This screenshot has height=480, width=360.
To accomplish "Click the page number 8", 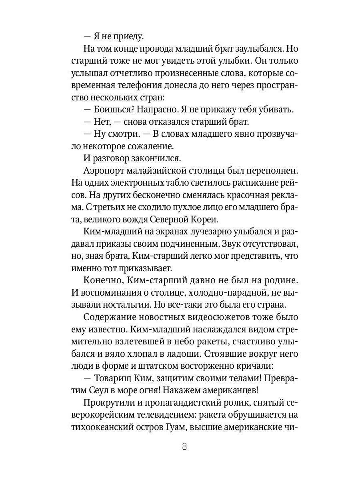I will [x=184, y=447].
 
